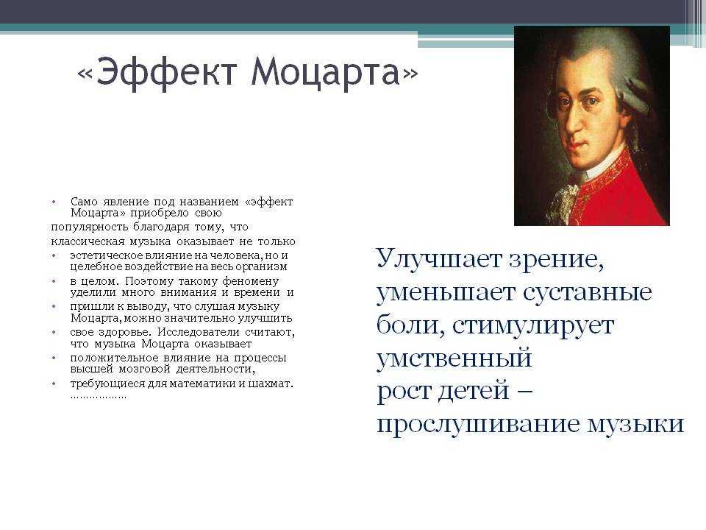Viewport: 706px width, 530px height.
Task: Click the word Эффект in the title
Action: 166,72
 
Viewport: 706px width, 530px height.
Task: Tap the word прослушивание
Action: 478,425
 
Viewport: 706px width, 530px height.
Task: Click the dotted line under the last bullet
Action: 99,397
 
